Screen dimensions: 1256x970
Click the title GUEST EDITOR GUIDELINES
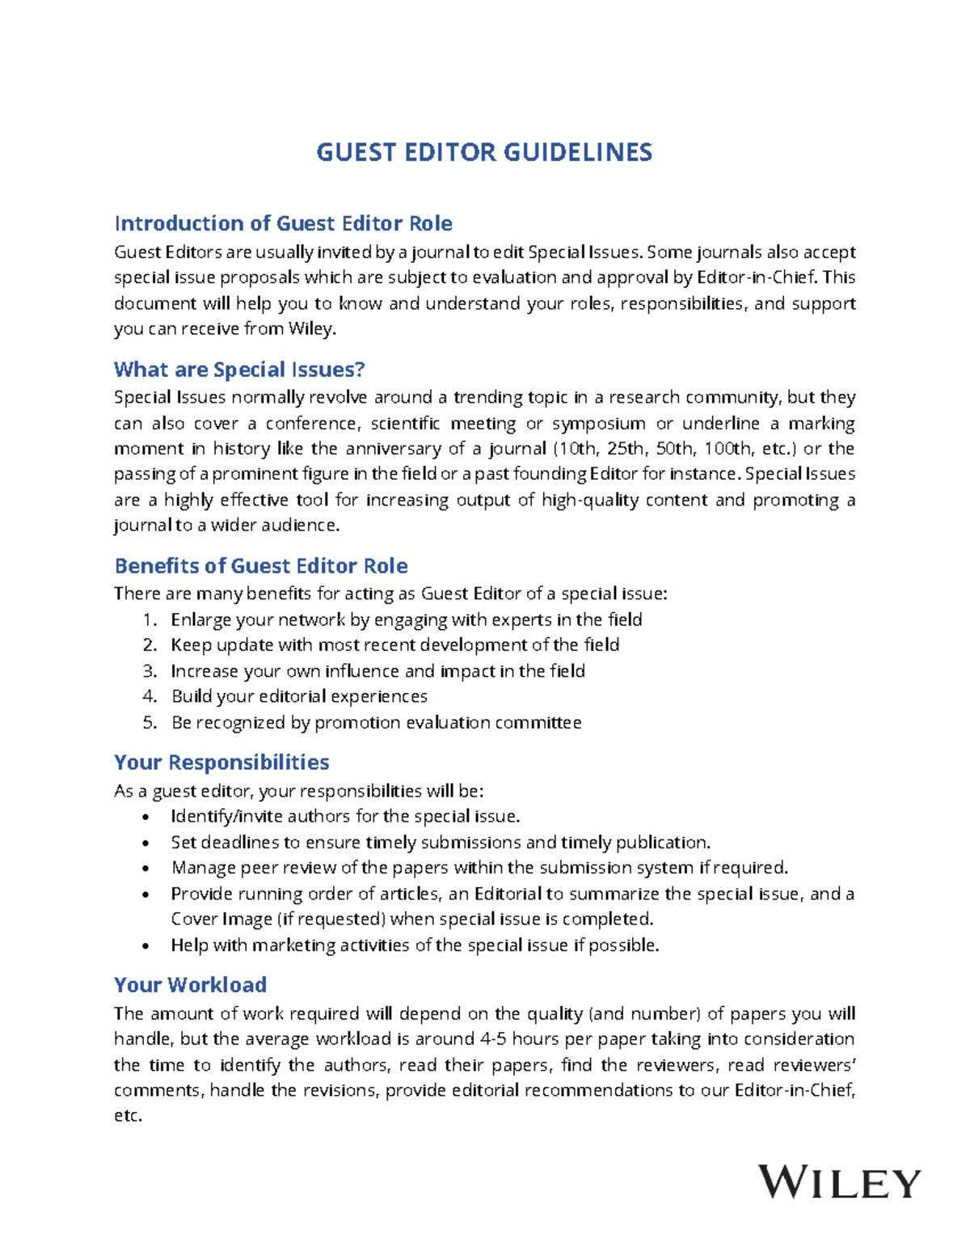(483, 152)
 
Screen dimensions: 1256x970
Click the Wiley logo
(839, 1183)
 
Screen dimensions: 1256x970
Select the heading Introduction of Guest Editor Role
(283, 223)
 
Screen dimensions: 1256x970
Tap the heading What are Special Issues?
(239, 370)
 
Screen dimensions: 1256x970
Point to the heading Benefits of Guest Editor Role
(260, 565)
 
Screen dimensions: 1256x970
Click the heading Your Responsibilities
(221, 762)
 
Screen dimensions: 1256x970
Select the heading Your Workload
(190, 984)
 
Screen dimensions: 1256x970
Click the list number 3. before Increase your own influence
(150, 670)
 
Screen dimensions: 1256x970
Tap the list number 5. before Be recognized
(150, 722)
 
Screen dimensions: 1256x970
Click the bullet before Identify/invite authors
(145, 817)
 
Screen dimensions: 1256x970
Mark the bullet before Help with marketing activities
(145, 945)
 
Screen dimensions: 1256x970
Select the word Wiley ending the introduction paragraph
(311, 329)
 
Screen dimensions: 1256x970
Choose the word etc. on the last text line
(128, 1115)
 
